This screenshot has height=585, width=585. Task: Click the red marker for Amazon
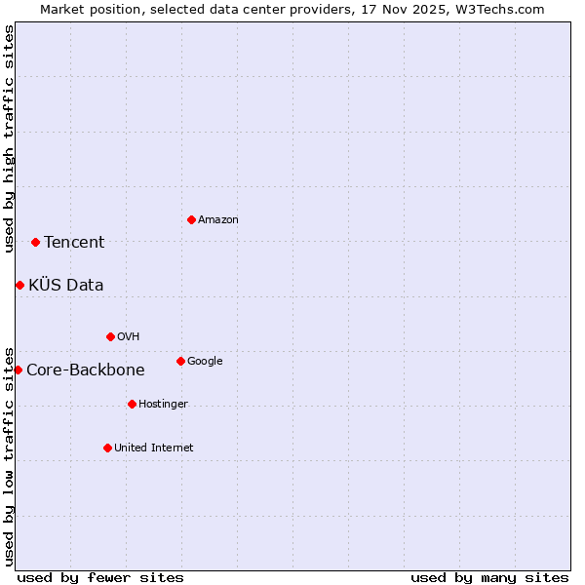click(x=191, y=219)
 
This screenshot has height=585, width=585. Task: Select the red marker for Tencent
click(x=35, y=242)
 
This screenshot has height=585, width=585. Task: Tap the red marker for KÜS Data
click(x=19, y=285)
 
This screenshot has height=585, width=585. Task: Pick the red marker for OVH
click(x=110, y=336)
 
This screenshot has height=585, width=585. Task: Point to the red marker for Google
click(x=180, y=361)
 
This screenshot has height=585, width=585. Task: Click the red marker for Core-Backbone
click(x=18, y=370)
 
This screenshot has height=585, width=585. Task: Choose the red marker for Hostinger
click(x=132, y=404)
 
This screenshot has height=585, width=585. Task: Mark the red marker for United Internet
click(x=107, y=448)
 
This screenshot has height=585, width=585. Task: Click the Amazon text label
click(x=218, y=220)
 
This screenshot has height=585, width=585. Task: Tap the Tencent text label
click(x=74, y=243)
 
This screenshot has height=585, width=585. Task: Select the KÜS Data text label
click(x=66, y=286)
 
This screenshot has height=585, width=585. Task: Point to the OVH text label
click(x=129, y=337)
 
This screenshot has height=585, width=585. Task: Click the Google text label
click(x=205, y=362)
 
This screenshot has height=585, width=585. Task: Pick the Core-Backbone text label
click(x=86, y=370)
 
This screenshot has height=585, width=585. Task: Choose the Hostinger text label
click(x=163, y=405)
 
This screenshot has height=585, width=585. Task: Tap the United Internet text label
click(x=154, y=448)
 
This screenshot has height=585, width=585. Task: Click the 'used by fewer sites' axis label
click(x=100, y=577)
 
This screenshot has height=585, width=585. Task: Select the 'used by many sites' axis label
click(x=489, y=577)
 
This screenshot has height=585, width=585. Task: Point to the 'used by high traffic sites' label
click(x=9, y=138)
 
